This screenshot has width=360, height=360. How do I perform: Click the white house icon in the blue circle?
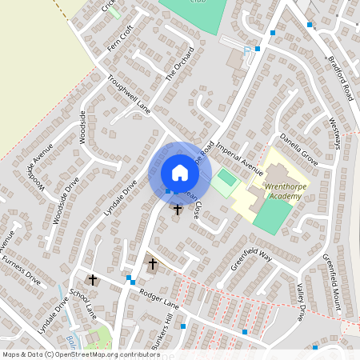[179, 172]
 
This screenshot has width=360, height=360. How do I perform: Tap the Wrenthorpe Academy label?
[275, 190]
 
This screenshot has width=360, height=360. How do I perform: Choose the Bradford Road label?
[338, 78]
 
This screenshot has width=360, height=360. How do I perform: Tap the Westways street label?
[339, 133]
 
